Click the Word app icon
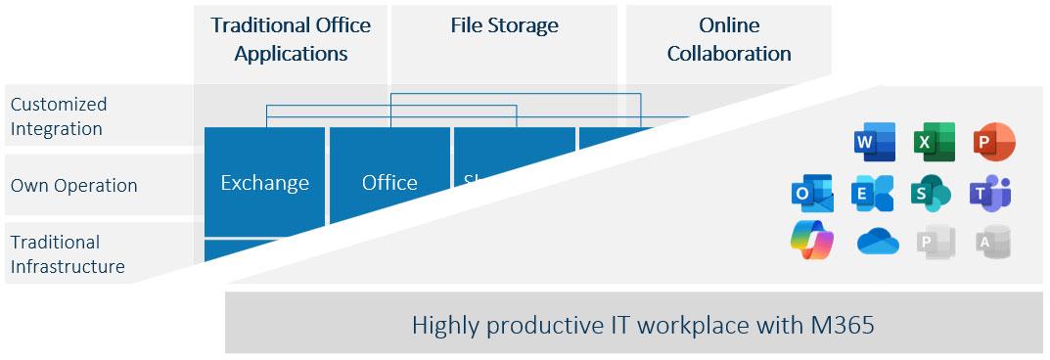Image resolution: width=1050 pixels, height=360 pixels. pos(874,143)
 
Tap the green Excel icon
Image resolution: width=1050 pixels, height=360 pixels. pos(934,143)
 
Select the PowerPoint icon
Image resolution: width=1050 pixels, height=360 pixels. pos(994,142)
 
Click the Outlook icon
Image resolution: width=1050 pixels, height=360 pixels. pos(811,193)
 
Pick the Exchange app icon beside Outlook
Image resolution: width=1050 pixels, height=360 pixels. pos(872,193)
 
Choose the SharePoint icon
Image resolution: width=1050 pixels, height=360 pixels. pos(932,193)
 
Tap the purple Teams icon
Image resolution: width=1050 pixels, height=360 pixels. pos(990,193)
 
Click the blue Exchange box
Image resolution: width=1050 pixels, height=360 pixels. pos(264,182)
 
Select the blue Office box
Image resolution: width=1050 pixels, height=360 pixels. pos(389,182)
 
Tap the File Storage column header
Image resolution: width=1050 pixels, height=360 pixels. pos(504,25)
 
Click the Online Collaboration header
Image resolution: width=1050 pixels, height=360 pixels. pos(729,39)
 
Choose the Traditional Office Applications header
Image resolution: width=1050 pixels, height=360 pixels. pos(291,39)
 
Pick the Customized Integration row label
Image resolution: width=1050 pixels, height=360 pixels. pos(59,116)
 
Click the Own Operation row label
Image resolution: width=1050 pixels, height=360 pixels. pos(73,186)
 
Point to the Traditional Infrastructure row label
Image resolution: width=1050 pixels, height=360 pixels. pos(68,253)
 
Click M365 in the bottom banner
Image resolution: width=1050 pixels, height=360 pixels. pos(833,325)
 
